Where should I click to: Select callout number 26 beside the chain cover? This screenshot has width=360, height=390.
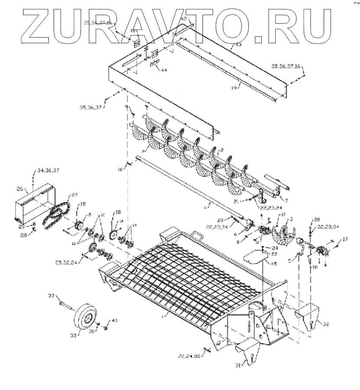click(x=19, y=189)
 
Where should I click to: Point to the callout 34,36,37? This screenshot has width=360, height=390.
click(x=48, y=171)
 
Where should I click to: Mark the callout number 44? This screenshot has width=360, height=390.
click(x=163, y=70)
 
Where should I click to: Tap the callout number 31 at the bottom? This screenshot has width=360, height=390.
click(x=238, y=365)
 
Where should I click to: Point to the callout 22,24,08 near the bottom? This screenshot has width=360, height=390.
click(x=189, y=356)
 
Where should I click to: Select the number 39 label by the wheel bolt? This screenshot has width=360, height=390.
click(x=50, y=296)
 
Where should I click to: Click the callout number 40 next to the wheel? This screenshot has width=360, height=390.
click(x=114, y=320)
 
